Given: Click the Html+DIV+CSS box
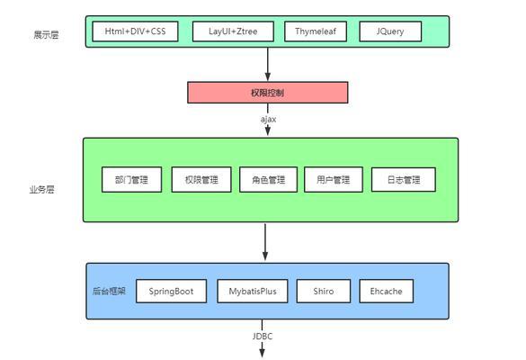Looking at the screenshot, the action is pyautogui.click(x=135, y=31).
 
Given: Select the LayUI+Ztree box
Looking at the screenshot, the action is pyautogui.click(x=233, y=31).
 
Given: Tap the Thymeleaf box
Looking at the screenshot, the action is pyautogui.click(x=316, y=31).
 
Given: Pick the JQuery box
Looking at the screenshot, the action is pyautogui.click(x=390, y=31).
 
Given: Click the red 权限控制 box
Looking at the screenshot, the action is pyautogui.click(x=268, y=93).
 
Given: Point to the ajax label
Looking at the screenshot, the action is pyautogui.click(x=268, y=119).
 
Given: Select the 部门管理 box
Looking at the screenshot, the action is pyautogui.click(x=132, y=180).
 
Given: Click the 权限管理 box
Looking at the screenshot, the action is pyautogui.click(x=201, y=180).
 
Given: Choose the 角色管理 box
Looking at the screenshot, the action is pyautogui.click(x=268, y=180).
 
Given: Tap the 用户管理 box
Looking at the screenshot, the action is pyautogui.click(x=334, y=180).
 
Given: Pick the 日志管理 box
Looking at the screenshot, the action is pyautogui.click(x=404, y=180).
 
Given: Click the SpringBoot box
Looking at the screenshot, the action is pyautogui.click(x=171, y=292).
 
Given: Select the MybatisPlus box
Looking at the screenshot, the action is pyautogui.click(x=253, y=292).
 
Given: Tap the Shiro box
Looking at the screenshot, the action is pyautogui.click(x=324, y=292).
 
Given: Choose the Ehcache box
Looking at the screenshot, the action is pyautogui.click(x=386, y=292).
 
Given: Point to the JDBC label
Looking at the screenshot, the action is pyautogui.click(x=263, y=337).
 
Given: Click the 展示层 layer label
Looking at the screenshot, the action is pyautogui.click(x=46, y=34).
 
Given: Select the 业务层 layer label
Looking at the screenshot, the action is pyautogui.click(x=41, y=189).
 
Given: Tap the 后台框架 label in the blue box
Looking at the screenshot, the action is pyautogui.click(x=109, y=291).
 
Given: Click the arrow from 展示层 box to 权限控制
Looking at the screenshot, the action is pyautogui.click(x=268, y=65).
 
